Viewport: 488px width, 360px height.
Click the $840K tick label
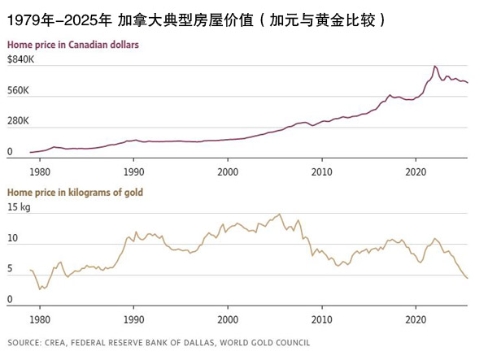pos(20,59)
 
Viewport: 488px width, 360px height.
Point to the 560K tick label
pos(18,90)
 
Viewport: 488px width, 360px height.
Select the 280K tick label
pos(18,121)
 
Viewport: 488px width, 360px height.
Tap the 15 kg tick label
pos(19,208)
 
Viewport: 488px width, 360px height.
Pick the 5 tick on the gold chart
pos(10,269)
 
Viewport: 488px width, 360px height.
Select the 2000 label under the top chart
pos(229,172)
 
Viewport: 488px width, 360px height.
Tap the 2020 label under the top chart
pos(416,172)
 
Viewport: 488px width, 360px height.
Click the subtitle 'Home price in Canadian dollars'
pos(72,44)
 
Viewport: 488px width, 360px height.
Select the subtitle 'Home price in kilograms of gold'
pos(75,192)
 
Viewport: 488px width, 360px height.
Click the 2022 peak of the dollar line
pos(435,66)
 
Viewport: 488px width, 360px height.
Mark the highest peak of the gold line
pos(280,214)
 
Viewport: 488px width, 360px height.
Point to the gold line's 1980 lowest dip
pos(39,289)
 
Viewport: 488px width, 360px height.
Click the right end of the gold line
pos(468,279)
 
